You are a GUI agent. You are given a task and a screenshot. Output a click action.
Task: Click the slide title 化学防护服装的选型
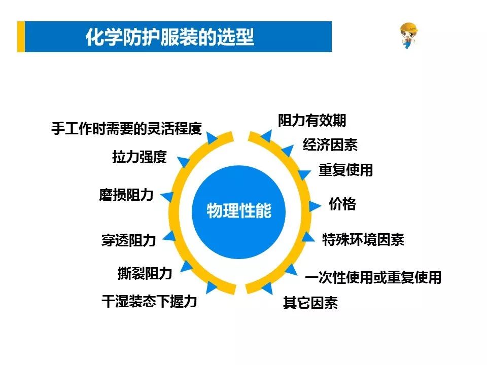(x=170, y=37)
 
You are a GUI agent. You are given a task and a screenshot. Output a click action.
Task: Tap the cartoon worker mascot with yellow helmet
(x=408, y=35)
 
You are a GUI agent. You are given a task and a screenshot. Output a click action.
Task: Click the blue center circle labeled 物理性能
(x=238, y=212)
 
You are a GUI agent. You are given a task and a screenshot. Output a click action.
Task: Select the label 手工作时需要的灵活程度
(x=127, y=128)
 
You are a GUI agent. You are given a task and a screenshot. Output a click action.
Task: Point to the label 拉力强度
(x=140, y=157)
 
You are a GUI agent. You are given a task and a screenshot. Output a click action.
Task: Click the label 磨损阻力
(x=126, y=195)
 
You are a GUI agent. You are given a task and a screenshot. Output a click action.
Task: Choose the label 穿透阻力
(x=128, y=240)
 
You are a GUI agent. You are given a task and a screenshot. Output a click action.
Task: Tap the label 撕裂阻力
(x=145, y=273)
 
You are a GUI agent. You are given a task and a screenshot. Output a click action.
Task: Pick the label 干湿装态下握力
(x=149, y=301)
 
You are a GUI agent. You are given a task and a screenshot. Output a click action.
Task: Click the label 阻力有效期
(x=312, y=120)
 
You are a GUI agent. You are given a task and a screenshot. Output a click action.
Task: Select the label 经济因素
(x=330, y=144)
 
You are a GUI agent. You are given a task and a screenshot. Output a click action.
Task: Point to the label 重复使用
(x=345, y=170)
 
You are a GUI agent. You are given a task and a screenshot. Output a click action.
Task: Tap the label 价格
(x=342, y=204)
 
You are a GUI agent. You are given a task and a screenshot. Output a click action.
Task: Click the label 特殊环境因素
(x=363, y=239)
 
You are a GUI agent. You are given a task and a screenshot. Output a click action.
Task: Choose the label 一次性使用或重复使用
(x=373, y=277)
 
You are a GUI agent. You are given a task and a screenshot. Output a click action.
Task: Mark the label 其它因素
(x=310, y=303)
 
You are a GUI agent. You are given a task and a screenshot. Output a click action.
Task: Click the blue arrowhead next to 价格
(x=315, y=206)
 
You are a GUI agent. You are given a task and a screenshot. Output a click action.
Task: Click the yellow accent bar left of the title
(x=21, y=36)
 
